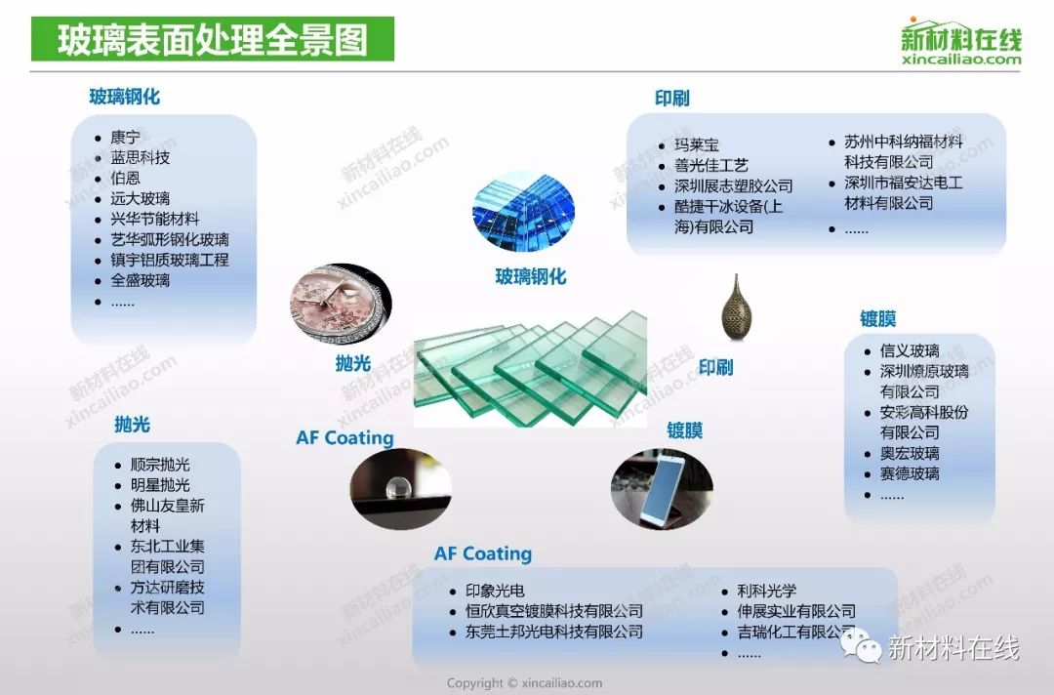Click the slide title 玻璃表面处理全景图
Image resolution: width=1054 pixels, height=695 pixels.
click(213, 40)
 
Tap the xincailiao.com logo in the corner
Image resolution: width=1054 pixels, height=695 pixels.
click(961, 42)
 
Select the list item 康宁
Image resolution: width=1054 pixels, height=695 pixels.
click(126, 137)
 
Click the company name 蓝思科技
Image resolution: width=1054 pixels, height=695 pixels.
click(141, 157)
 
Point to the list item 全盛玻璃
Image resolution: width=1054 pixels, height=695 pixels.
click(141, 280)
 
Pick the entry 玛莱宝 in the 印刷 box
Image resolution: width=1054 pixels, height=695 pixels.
click(697, 144)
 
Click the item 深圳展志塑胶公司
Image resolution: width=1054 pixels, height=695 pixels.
click(734, 185)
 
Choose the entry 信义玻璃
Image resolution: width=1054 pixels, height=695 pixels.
click(910, 350)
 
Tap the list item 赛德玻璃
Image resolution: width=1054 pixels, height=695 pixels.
click(910, 473)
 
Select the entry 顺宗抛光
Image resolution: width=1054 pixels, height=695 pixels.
click(160, 465)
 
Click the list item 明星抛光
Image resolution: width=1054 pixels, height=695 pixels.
click(160, 484)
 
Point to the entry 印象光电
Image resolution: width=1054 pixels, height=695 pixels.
click(495, 591)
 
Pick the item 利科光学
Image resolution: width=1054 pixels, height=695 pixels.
click(767, 591)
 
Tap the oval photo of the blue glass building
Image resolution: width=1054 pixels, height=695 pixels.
click(524, 211)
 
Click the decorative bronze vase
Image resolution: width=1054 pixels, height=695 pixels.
click(736, 307)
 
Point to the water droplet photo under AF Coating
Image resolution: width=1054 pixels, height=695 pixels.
click(401, 489)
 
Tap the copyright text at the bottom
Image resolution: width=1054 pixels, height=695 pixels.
click(524, 683)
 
